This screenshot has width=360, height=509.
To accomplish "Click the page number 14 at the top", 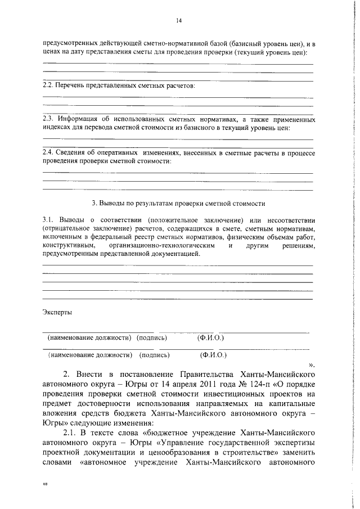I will (x=179, y=20).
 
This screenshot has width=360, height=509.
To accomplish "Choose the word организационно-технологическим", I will (x=163, y=246).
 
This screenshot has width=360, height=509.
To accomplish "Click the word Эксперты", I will (x=57, y=312).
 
